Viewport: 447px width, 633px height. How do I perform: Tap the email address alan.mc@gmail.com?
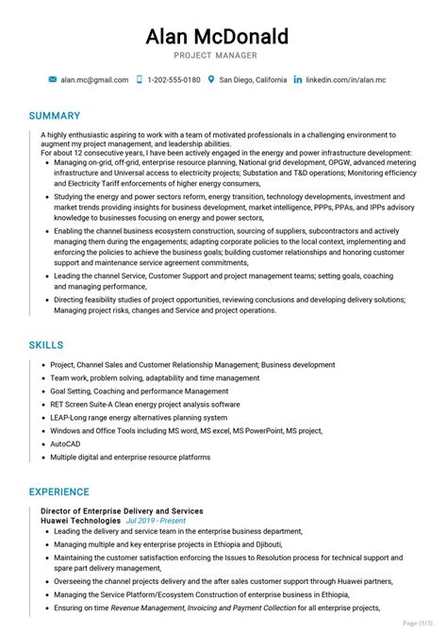point(93,80)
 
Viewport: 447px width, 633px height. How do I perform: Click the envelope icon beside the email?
point(53,80)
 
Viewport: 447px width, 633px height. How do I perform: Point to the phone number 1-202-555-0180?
point(174,80)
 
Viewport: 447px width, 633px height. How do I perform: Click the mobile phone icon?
point(139,80)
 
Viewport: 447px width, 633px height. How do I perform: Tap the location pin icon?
point(211,80)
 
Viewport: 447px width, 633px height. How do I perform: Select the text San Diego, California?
point(253,80)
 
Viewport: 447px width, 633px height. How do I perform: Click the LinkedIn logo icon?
point(298,80)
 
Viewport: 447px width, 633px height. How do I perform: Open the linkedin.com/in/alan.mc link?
point(345,80)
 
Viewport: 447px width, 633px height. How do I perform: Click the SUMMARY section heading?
point(55,115)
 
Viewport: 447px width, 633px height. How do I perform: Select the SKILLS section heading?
point(46,345)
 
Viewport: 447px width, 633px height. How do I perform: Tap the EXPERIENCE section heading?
point(59,491)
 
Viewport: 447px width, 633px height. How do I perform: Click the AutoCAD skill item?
point(66,443)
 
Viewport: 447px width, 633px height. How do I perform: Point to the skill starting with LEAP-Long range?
point(139,417)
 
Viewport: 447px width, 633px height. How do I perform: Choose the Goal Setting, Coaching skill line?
point(140,391)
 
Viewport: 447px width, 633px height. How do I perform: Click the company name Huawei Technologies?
point(81,520)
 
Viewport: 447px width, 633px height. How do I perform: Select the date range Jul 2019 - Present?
point(156,520)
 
